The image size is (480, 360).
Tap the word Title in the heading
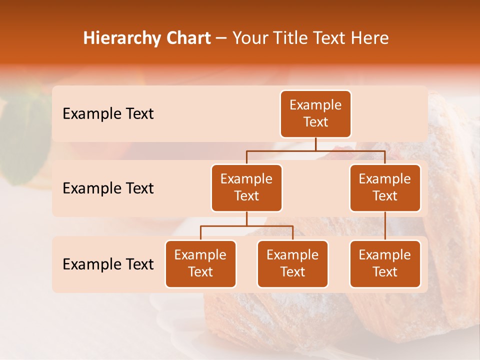pyautogui.click(x=287, y=38)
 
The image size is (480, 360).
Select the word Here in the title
pyautogui.click(x=370, y=38)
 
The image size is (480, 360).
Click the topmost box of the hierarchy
pyautogui.click(x=315, y=113)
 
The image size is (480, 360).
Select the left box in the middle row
pyautogui.click(x=246, y=187)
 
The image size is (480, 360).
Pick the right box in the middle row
pyautogui.click(x=385, y=187)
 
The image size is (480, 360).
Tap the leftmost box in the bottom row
pyautogui.click(x=200, y=263)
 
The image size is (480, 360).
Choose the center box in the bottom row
pyautogui.click(x=292, y=263)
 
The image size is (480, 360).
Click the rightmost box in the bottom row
pyautogui.click(x=385, y=263)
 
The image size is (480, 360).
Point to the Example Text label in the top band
pyautogui.click(x=108, y=113)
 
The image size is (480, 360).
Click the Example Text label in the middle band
pyautogui.click(x=108, y=188)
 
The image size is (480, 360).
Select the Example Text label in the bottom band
pyautogui.click(x=108, y=264)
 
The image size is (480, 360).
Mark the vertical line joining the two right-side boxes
pyautogui.click(x=385, y=226)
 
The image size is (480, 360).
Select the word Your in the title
pyautogui.click(x=249, y=38)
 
